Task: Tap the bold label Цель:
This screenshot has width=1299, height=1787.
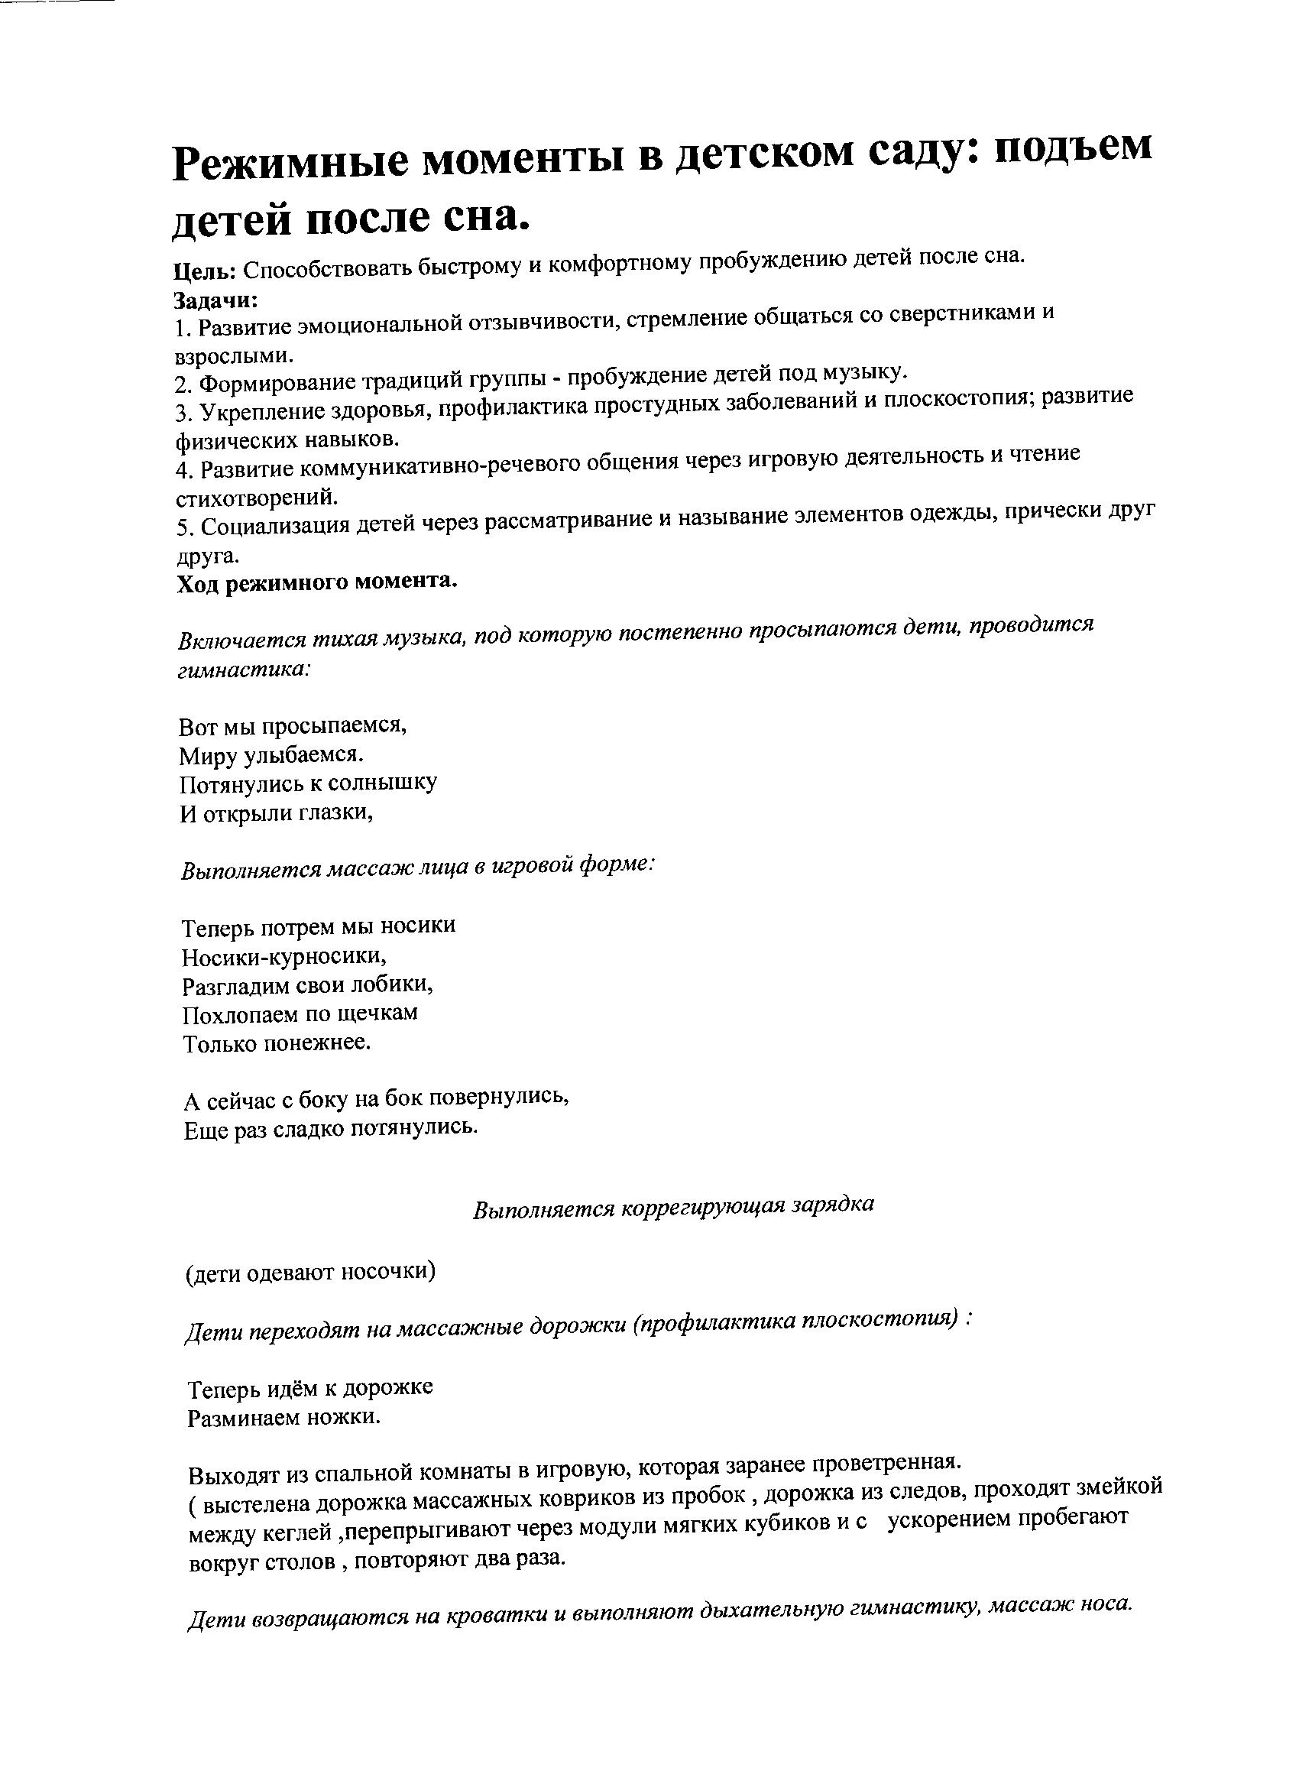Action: pyautogui.click(x=204, y=272)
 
